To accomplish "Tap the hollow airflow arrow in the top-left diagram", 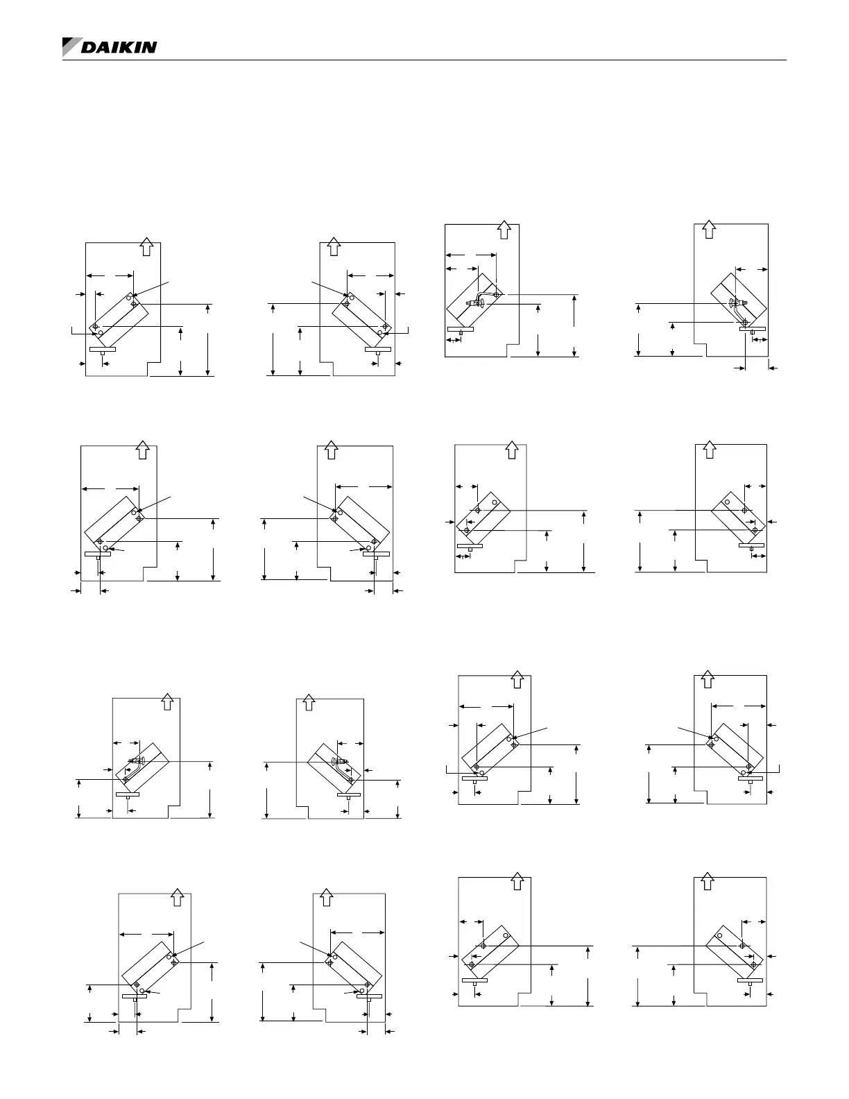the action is coord(146,246).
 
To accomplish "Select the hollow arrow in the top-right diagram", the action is coord(708,229).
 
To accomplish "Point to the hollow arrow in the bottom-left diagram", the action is coord(177,898).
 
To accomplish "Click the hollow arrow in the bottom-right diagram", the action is coord(707,881).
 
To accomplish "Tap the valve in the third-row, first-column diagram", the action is coord(135,760).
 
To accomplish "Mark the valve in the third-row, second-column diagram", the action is coord(340,761).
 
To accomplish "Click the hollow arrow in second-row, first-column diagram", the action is coord(143,449).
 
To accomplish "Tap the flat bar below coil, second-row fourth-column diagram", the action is coord(751,546).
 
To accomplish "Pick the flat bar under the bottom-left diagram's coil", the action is coord(135,996).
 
